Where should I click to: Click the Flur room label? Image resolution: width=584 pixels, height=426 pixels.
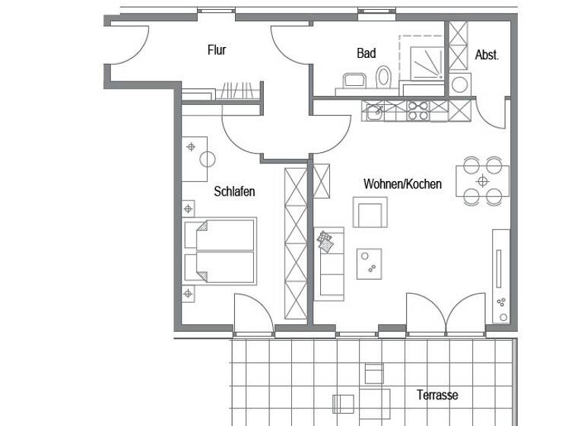point(217,50)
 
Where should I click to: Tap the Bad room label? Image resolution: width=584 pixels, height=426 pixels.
point(367,53)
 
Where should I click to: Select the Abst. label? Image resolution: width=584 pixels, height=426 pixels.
point(487,55)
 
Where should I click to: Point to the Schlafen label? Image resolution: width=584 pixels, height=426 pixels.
point(234,192)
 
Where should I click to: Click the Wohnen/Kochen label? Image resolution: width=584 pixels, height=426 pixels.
point(402,184)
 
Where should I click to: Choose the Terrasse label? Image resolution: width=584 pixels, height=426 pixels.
point(437,395)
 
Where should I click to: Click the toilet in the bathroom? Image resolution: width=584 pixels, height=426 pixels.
point(383,77)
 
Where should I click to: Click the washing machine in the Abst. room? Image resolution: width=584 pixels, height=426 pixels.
point(459,84)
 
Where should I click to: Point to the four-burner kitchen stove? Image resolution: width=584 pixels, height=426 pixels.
point(417,111)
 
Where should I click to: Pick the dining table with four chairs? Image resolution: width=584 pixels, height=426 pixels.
point(482,181)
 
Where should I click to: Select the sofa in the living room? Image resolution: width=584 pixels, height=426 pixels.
point(328,262)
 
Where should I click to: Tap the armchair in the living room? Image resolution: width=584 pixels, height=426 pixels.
point(370,212)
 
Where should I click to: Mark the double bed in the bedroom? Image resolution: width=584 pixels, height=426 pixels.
point(219,250)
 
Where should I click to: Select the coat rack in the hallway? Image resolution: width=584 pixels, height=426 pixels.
point(237,91)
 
